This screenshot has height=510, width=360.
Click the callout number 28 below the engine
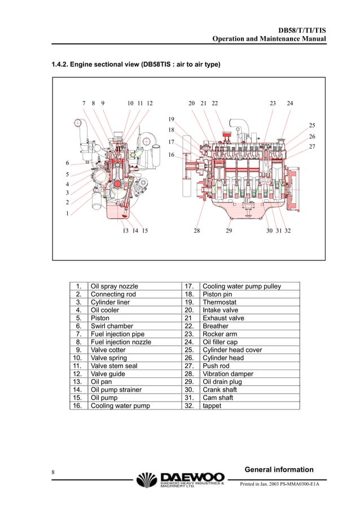(196, 231)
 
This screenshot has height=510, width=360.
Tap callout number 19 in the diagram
(171, 119)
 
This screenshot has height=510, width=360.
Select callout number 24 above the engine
(290, 103)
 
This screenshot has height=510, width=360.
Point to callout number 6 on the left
(67, 163)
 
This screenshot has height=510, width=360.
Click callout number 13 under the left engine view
(125, 231)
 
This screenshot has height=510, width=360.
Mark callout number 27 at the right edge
(311, 147)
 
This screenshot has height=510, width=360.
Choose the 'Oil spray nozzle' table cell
(115, 286)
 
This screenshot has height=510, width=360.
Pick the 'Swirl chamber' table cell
(112, 326)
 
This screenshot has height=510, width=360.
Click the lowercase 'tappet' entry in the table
(212, 406)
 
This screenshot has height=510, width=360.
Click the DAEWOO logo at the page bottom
(181, 480)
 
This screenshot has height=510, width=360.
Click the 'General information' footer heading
(279, 469)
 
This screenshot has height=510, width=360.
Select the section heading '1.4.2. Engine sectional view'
(136, 66)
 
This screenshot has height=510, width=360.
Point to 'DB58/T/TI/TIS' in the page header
(302, 29)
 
